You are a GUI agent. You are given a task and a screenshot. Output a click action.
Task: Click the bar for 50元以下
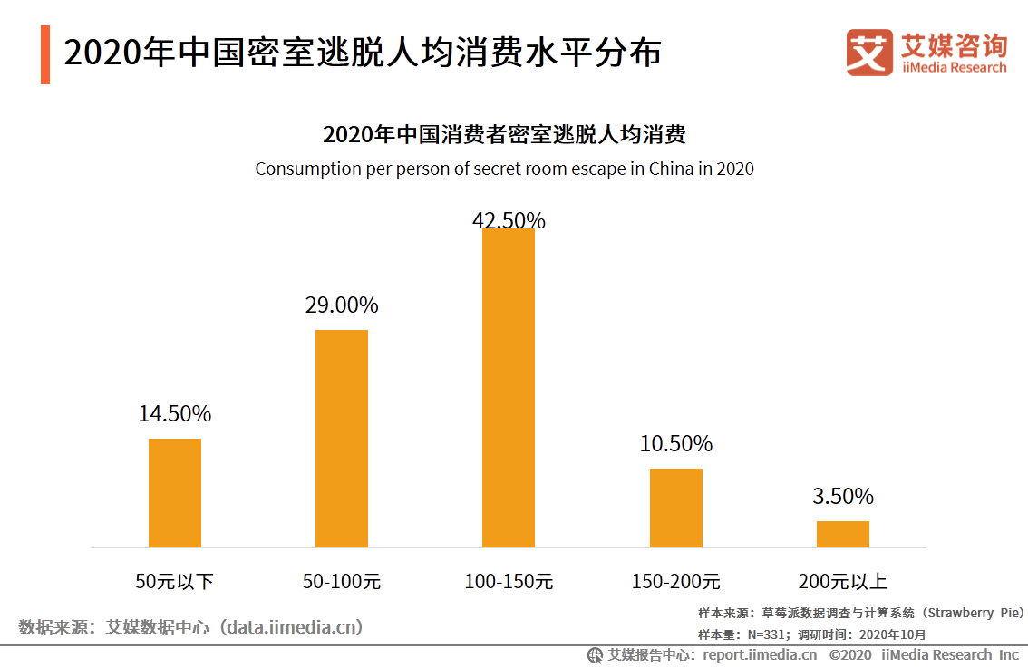pyautogui.click(x=175, y=492)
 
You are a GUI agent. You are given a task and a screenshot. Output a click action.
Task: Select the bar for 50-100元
pyautogui.click(x=342, y=438)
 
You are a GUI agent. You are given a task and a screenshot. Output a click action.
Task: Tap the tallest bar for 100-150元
pyautogui.click(x=509, y=388)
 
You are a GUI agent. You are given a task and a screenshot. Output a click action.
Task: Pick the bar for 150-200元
pyautogui.click(x=676, y=508)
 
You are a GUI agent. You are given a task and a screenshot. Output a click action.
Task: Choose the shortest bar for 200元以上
pyautogui.click(x=843, y=534)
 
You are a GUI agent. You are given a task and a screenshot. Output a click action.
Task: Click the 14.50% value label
pyautogui.click(x=175, y=414)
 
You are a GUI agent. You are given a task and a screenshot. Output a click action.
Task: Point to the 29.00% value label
pyautogui.click(x=342, y=305)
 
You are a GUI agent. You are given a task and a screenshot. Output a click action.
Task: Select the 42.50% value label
pyautogui.click(x=509, y=220)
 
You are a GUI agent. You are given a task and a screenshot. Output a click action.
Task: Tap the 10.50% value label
pyautogui.click(x=676, y=444)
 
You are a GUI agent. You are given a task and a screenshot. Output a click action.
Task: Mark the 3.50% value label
pyautogui.click(x=843, y=497)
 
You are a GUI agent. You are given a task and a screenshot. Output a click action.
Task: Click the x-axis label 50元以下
pyautogui.click(x=175, y=582)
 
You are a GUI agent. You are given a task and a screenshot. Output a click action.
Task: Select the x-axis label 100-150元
pyautogui.click(x=509, y=582)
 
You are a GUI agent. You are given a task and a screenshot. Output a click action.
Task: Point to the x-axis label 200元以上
pyautogui.click(x=843, y=582)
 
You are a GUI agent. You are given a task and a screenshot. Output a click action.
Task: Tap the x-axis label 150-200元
pyautogui.click(x=676, y=582)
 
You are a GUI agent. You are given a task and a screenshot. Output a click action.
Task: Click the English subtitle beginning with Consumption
pyautogui.click(x=504, y=169)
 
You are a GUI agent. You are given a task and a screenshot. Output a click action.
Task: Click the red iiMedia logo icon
pyautogui.click(x=869, y=53)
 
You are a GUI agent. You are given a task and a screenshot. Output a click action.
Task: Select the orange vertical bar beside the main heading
pyautogui.click(x=45, y=54)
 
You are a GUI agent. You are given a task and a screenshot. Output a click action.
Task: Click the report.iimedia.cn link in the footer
pyautogui.click(x=760, y=654)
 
